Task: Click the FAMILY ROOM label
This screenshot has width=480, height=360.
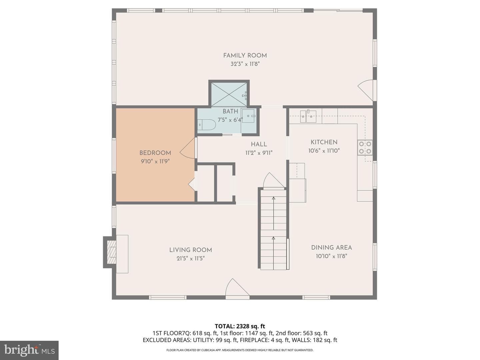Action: tap(245, 56)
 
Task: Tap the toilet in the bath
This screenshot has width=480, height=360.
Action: tap(206, 125)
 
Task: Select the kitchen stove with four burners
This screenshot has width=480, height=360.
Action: tap(365, 148)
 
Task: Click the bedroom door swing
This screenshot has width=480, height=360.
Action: tap(187, 148)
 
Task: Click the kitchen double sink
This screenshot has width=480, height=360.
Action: tap(308, 116)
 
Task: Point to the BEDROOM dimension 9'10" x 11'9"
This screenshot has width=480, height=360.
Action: tap(155, 161)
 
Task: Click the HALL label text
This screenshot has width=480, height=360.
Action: tap(259, 144)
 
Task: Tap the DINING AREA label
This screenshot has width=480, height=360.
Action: tap(332, 248)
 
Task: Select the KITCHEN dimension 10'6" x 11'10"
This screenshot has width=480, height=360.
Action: tap(324, 151)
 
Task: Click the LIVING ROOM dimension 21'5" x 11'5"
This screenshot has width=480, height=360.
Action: tap(191, 259)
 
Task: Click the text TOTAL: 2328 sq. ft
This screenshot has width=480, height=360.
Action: tap(240, 326)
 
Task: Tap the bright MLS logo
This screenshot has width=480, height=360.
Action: tap(29, 350)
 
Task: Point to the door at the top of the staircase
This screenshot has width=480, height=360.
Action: tap(273, 180)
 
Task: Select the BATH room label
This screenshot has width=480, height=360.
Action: tap(230, 111)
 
